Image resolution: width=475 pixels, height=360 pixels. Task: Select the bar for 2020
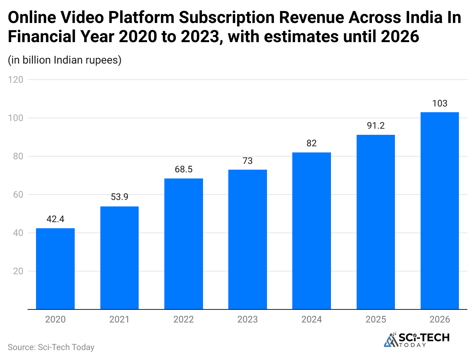click(55, 268)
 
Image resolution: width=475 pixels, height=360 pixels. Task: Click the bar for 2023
click(247, 239)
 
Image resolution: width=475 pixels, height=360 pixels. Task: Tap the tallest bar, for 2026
click(439, 211)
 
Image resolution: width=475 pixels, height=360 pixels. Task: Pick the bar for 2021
click(120, 257)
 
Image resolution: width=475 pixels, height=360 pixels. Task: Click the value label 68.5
click(183, 169)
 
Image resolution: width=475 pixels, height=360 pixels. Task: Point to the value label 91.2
click(376, 126)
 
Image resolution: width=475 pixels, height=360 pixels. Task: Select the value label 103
click(439, 103)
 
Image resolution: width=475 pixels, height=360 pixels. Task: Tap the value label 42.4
click(55, 219)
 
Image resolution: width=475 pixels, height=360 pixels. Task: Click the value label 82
click(311, 143)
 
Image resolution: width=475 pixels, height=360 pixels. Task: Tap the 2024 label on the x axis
click(311, 319)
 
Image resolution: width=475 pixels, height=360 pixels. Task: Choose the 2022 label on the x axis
click(183, 319)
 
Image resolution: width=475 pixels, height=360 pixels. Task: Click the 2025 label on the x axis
click(376, 319)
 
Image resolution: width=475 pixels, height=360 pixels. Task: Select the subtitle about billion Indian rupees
click(64, 60)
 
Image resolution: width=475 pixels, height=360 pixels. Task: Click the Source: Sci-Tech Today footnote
click(51, 347)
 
